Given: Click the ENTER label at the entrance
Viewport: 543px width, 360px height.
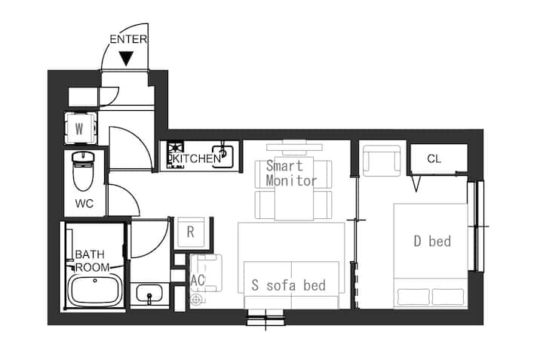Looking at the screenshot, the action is pyautogui.click(x=128, y=39).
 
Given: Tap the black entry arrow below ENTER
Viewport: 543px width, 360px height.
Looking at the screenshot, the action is pyautogui.click(x=126, y=59).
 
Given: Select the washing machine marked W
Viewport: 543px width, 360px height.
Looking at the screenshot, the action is pyautogui.click(x=80, y=128).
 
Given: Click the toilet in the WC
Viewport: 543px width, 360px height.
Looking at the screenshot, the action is pyautogui.click(x=83, y=171).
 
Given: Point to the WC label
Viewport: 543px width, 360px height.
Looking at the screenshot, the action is pyautogui.click(x=84, y=203).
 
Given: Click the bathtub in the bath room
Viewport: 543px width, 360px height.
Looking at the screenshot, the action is pyautogui.click(x=94, y=291).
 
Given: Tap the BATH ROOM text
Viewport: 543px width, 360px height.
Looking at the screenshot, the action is pyautogui.click(x=92, y=260).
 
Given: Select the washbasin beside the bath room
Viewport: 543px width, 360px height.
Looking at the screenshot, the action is pyautogui.click(x=149, y=294).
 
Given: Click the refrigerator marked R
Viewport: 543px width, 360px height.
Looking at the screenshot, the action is pyautogui.click(x=190, y=232).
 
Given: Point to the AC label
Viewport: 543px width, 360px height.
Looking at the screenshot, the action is pyautogui.click(x=198, y=280).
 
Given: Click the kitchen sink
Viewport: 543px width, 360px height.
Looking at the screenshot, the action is pyautogui.click(x=222, y=155).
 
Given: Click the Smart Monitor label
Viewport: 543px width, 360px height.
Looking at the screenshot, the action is pyautogui.click(x=291, y=174).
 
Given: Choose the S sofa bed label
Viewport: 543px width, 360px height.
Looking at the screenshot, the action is pyautogui.click(x=289, y=285).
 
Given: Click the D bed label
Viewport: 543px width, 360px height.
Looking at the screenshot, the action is pyautogui.click(x=432, y=242).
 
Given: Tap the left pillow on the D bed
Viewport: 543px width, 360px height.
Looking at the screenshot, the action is pyautogui.click(x=413, y=297).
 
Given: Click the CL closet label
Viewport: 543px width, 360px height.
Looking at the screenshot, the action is pyautogui.click(x=434, y=158).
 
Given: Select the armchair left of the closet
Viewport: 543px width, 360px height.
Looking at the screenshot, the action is pyautogui.click(x=382, y=161).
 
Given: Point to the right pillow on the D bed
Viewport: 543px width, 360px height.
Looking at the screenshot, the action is pyautogui.click(x=448, y=297).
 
